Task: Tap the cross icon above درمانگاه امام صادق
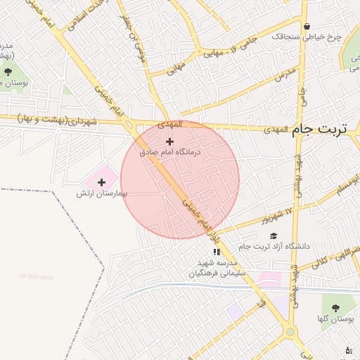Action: (169, 142)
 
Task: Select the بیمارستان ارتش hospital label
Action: (102, 193)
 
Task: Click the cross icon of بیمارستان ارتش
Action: (102, 182)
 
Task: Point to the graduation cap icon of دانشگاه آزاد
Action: (274, 236)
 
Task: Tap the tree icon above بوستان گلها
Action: (335, 308)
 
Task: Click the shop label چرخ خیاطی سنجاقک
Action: (313, 37)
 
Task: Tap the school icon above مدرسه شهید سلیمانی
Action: (217, 252)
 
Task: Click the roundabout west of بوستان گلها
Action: (290, 332)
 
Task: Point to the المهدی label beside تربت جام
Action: (276, 130)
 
